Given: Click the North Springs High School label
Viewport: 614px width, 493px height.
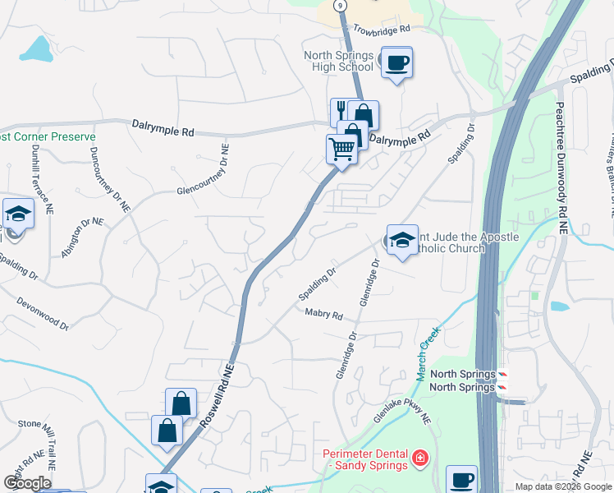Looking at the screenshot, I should (338, 61).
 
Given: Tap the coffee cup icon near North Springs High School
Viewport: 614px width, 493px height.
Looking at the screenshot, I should (396, 62).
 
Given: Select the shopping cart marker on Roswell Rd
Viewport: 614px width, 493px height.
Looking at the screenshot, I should (341, 149).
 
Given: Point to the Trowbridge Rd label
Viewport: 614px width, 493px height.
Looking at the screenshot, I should (381, 30).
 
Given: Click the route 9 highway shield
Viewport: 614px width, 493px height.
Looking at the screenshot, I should (340, 5).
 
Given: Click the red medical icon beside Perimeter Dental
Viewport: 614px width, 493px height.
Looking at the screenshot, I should (419, 457).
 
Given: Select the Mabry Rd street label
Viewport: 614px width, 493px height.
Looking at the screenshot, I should (323, 315).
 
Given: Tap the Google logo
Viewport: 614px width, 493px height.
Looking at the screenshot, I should (27, 483).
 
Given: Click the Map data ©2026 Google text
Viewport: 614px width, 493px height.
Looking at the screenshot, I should (562, 486).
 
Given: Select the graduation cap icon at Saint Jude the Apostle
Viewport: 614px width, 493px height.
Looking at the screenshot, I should (402, 240).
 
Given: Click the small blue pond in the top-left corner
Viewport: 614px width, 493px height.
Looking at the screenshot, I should (35, 51).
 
